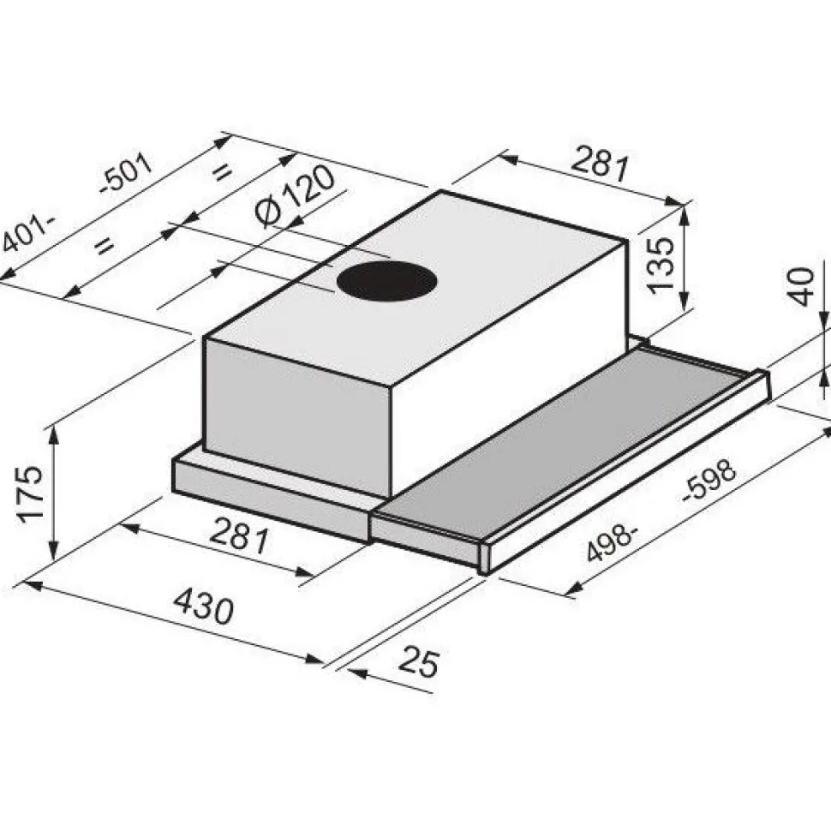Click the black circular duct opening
(x=387, y=281)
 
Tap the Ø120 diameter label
(x=295, y=197)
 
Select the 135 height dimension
(x=661, y=265)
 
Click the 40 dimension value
(x=801, y=287)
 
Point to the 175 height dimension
(x=30, y=494)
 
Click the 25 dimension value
(x=419, y=661)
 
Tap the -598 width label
(x=709, y=480)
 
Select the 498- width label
(x=611, y=544)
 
